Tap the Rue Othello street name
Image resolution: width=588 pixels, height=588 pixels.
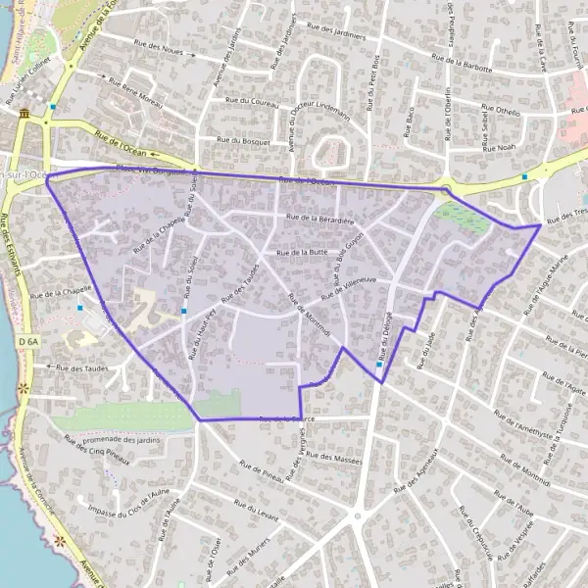(x=503, y=112)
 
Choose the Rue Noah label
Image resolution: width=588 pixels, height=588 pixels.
(x=499, y=147)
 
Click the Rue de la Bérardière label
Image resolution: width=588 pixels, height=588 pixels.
(x=320, y=220)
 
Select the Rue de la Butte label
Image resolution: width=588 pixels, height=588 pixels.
(x=303, y=252)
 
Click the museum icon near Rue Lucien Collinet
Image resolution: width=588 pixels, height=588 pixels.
(x=24, y=115)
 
